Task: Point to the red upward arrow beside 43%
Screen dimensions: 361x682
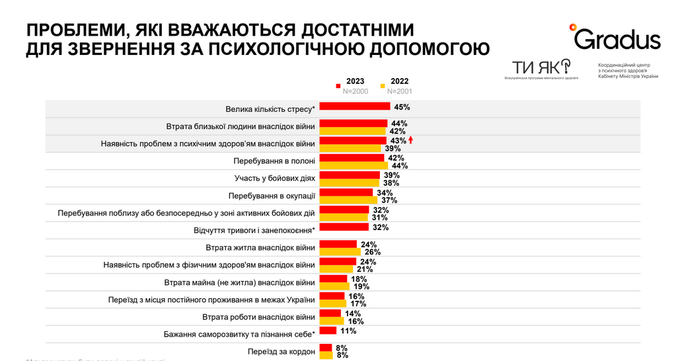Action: coord(410,140)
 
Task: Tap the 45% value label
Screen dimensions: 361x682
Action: coord(402,106)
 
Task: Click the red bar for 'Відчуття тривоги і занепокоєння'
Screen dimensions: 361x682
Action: coord(344,227)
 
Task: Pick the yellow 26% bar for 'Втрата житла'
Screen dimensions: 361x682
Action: coord(340,252)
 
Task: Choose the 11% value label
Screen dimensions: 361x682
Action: coord(348,331)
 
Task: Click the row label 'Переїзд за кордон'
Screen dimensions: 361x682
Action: coord(281,351)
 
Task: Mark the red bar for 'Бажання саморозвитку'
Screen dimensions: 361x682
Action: coord(328,331)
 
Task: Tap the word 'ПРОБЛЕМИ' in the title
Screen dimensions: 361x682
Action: coord(72,30)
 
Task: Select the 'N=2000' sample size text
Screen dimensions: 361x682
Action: coord(355,91)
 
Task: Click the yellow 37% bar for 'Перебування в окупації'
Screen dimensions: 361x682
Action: coord(348,200)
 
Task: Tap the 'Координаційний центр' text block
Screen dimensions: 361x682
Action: coord(628,71)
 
